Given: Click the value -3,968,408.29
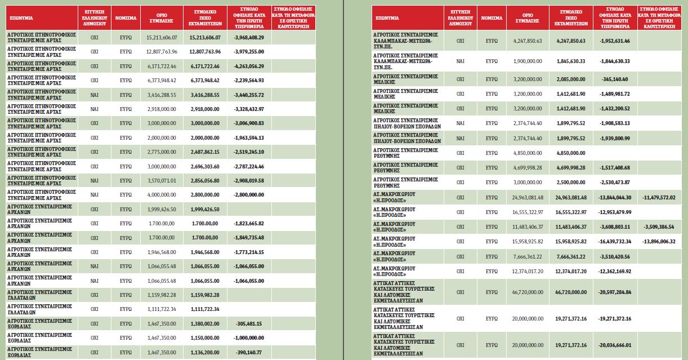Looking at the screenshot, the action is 249,38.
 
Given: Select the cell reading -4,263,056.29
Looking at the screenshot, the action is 249,66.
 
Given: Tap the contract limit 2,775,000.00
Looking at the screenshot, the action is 162,152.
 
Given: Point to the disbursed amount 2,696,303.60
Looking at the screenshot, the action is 205,167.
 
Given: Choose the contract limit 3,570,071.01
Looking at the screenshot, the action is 162,180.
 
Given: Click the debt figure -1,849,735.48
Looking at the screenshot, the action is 249,238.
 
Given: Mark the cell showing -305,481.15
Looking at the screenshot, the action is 249,324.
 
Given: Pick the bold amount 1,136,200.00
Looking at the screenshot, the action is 205,353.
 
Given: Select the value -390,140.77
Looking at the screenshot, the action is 249,353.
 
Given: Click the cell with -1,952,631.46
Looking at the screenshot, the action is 615,41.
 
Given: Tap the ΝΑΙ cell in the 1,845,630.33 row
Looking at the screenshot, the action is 460,61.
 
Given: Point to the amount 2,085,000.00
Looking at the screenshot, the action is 571,79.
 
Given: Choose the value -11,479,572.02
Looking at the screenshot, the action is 659,197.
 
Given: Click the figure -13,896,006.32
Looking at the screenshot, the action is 659,241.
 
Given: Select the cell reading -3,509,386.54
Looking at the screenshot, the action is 659,227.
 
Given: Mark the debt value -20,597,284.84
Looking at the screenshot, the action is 615,292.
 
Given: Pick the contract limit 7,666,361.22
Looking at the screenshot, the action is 528,257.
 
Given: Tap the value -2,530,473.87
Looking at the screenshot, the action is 615,183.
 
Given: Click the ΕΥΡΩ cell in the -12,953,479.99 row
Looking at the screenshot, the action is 492,212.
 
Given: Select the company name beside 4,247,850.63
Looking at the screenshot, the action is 405,41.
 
